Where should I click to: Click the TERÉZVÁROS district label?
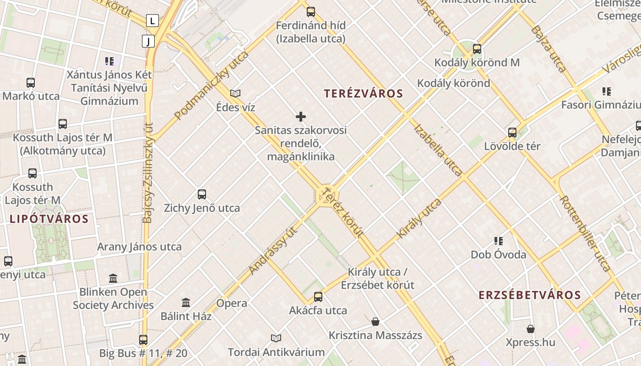[364, 94]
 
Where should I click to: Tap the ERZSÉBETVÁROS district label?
[530, 295]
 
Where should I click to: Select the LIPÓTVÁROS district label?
[49, 219]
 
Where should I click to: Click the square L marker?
[152, 21]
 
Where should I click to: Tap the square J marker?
[148, 41]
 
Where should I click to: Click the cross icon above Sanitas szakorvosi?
[301, 117]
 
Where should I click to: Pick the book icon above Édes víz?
[235, 94]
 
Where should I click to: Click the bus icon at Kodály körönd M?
[477, 49]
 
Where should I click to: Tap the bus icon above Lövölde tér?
[512, 133]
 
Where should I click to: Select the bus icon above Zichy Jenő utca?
[202, 194]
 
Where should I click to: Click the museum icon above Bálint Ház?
[186, 302]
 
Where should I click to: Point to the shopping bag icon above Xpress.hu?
[530, 329]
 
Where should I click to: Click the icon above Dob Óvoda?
[499, 241]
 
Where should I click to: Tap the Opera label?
[232, 303]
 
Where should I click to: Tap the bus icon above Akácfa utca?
[318, 297]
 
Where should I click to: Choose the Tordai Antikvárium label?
[276, 352]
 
